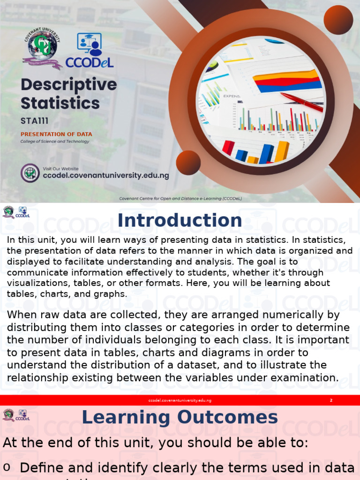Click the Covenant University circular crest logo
tap(42, 49)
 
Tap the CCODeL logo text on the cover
tap(90, 62)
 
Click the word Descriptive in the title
tap(68, 85)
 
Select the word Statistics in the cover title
tap(60, 103)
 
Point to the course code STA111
tap(34, 121)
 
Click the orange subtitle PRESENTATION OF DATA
tap(56, 134)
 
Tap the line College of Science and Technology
tap(54, 141)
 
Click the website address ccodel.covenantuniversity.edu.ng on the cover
tap(106, 175)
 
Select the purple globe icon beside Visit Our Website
tap(30, 173)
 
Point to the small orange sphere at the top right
tap(338, 20)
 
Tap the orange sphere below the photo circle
tap(188, 163)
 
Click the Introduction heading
tap(180, 220)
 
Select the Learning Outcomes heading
tap(180, 417)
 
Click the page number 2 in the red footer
tap(331, 400)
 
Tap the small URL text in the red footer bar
tap(180, 400)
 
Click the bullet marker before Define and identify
tap(7, 467)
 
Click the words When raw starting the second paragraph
tap(32, 315)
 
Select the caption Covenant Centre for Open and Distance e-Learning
tap(180, 198)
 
